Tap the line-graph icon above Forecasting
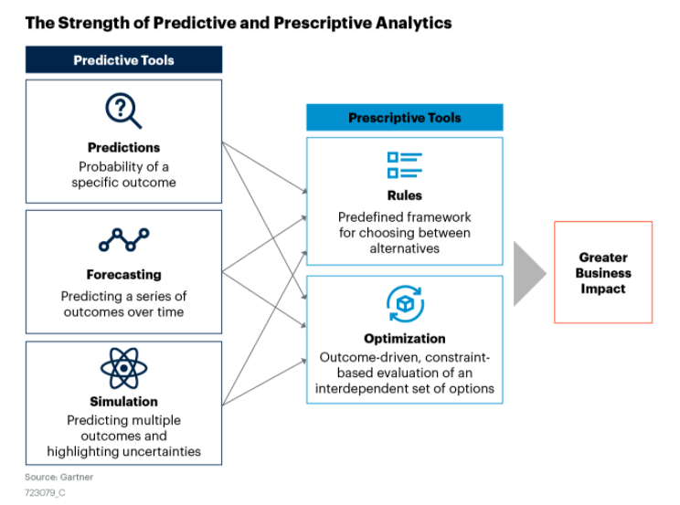click(123, 239)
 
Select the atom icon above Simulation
click(123, 368)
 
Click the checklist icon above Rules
click(404, 165)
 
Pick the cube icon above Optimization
click(404, 304)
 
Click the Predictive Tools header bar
click(123, 60)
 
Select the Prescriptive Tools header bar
click(404, 118)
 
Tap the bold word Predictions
click(123, 148)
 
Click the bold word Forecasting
click(123, 275)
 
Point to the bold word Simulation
click(123, 402)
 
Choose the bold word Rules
click(404, 195)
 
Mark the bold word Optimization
click(404, 339)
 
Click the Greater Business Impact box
click(602, 272)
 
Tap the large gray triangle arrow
click(528, 273)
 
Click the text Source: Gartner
click(58, 477)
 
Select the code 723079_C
click(45, 493)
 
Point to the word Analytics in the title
click(409, 22)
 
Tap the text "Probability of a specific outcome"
click(123, 174)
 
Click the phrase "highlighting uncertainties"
click(123, 451)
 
